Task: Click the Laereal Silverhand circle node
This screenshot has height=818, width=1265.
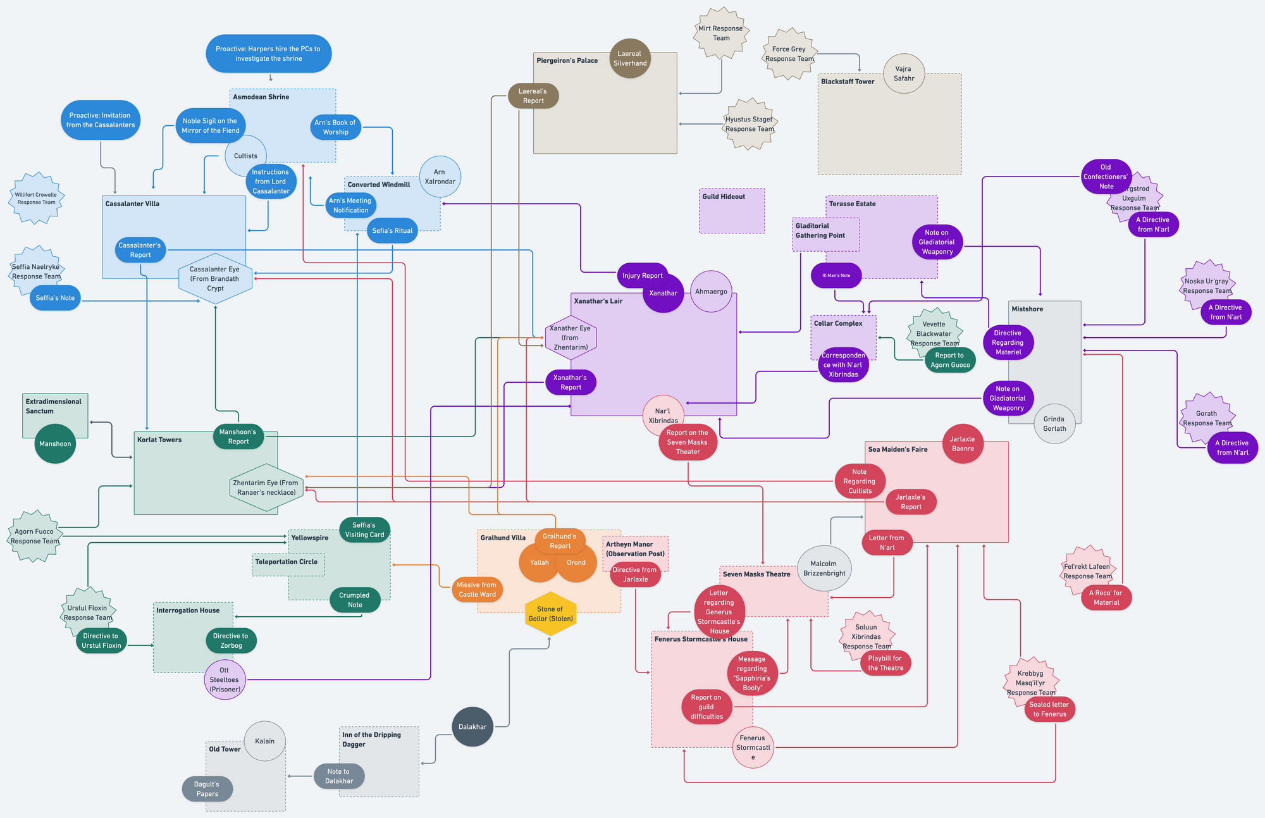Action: click(x=630, y=58)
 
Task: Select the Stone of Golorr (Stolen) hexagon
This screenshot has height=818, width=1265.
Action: click(x=550, y=614)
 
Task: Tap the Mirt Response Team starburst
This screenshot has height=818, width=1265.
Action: click(x=721, y=34)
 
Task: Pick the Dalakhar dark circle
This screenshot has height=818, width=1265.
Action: click(x=472, y=727)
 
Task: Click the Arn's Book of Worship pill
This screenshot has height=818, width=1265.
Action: click(x=335, y=127)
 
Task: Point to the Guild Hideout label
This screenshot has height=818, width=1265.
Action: click(x=724, y=197)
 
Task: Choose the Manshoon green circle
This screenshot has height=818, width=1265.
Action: click(x=55, y=443)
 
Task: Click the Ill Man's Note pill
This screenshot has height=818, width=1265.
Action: click(x=836, y=275)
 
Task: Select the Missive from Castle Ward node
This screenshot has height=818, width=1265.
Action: click(x=477, y=590)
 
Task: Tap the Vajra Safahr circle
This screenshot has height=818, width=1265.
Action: click(x=904, y=73)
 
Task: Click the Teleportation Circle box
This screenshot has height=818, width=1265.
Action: click(x=288, y=563)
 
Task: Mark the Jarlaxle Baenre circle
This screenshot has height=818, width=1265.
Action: click(x=963, y=443)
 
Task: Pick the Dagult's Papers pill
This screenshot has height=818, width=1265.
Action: click(x=207, y=789)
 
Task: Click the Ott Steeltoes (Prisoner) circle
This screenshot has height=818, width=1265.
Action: click(x=225, y=679)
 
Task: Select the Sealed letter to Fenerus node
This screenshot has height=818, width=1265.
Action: click(x=1049, y=709)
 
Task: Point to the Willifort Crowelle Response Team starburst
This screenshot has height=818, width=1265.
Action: click(x=36, y=199)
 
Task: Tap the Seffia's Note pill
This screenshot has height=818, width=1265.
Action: click(x=55, y=298)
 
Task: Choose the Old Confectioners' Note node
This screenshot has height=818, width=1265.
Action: click(x=1106, y=177)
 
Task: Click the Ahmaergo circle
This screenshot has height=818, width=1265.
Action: click(x=711, y=292)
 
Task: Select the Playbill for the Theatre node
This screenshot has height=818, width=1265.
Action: click(x=885, y=663)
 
